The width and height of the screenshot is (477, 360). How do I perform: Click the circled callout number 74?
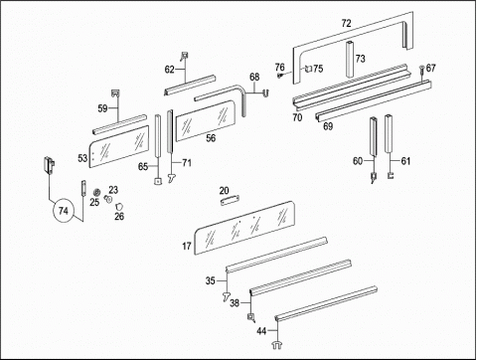[63, 211]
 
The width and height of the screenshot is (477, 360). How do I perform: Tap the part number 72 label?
[346, 24]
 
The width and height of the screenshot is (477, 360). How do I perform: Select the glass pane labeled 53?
[119, 146]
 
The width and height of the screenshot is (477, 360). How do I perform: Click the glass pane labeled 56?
[206, 121]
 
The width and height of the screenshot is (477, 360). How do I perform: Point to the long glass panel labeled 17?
[244, 228]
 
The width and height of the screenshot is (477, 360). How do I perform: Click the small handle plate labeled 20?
[231, 200]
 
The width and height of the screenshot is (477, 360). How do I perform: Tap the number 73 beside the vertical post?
[360, 59]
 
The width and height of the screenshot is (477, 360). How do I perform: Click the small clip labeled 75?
[308, 70]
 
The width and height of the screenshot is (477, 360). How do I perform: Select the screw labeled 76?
[280, 76]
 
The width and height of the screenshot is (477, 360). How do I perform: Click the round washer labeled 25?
[96, 192]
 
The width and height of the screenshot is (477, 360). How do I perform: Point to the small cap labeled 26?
[118, 207]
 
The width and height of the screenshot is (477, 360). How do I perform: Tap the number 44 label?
[261, 331]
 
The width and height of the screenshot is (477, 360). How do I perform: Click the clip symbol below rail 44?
[277, 345]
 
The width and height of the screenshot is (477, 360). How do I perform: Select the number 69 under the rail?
[328, 126]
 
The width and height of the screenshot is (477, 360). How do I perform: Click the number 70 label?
[297, 117]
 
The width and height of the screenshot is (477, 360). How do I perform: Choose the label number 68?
[254, 77]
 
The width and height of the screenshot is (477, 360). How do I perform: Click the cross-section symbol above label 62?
[185, 57]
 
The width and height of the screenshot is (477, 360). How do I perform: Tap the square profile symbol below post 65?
[158, 181]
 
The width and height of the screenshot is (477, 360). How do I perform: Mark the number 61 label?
[405, 161]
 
